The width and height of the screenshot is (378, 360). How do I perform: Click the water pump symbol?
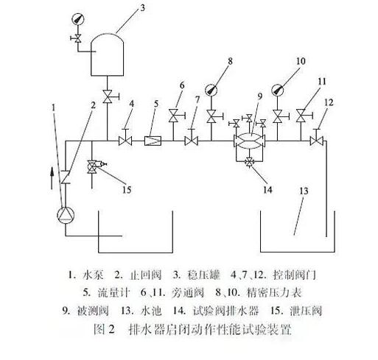66,215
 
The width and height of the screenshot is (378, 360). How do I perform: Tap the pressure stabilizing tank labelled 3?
107,54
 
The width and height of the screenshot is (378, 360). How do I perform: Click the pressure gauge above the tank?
78,19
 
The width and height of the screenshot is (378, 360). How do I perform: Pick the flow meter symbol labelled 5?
153,141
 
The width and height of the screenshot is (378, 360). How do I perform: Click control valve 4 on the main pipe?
125,138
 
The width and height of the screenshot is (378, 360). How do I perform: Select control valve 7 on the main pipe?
192,138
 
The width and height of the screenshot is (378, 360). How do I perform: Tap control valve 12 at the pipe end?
317,138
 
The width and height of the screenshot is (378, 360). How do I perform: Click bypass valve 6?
175,116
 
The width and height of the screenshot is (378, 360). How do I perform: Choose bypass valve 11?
303,116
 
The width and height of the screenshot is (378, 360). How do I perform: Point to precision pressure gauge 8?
211,90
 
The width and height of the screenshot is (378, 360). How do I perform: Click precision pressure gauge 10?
278,90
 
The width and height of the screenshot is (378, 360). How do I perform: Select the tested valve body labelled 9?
250,141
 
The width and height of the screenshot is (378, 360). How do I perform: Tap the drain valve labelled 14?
250,161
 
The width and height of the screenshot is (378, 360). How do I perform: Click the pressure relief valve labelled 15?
95,166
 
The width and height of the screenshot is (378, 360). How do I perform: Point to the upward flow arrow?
52,178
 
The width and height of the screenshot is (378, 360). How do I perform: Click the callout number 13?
304,191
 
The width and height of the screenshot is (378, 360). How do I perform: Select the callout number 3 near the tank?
142,8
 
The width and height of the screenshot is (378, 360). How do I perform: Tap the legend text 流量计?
113,292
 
